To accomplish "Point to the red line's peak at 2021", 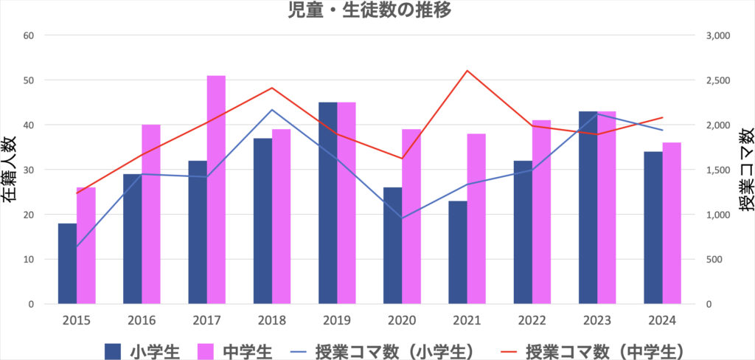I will click(x=467, y=71).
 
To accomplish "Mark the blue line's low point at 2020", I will click(x=403, y=218).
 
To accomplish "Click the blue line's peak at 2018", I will click(x=272, y=110).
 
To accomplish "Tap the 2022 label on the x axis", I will click(x=532, y=320).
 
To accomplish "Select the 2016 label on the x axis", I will click(x=142, y=320).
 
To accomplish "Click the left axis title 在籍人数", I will click(x=10, y=170).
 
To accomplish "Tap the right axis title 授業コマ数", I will click(x=745, y=170).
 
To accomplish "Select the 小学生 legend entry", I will click(x=140, y=349).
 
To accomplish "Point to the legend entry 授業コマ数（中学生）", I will click(x=602, y=349).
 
